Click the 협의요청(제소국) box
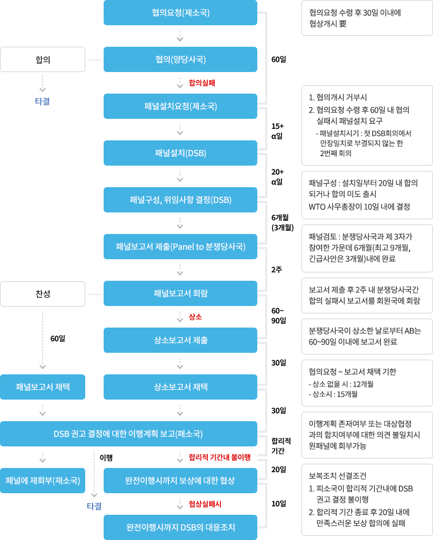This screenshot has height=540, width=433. point(180,13)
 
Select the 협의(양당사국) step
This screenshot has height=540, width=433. point(180,59)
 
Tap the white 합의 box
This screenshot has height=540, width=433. point(43,59)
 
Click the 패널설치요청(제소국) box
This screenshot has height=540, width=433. point(180,106)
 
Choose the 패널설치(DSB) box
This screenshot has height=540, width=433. point(180,153)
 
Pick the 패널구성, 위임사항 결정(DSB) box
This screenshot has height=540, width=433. point(180,200)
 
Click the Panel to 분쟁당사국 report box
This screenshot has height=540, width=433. point(180,247)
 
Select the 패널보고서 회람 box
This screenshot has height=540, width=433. point(180,293)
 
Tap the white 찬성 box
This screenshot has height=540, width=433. point(43,293)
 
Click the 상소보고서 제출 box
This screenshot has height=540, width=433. point(180,340)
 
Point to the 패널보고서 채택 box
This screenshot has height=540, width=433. point(43,387)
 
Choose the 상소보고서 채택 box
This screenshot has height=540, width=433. point(180,387)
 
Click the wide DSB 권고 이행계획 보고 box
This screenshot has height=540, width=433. point(128,434)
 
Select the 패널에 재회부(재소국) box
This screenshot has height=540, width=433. point(43,481)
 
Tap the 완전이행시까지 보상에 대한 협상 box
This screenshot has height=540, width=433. point(180,481)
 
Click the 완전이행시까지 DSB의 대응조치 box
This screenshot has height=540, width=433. point(180,527)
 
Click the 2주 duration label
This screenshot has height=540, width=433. point(277,269)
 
